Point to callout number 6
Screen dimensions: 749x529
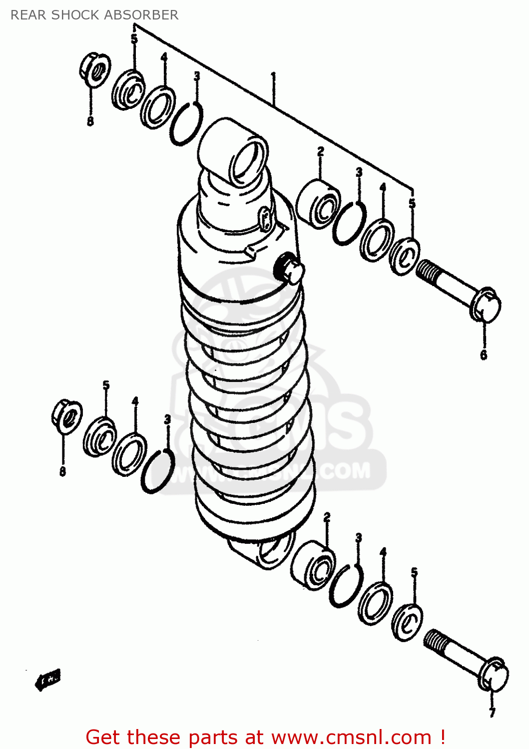(x=483, y=355)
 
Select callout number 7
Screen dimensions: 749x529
(x=492, y=713)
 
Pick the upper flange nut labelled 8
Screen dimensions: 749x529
(x=95, y=68)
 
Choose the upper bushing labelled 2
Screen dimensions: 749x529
(x=318, y=204)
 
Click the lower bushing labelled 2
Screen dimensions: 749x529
(x=313, y=565)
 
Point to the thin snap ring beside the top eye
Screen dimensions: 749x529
(x=186, y=124)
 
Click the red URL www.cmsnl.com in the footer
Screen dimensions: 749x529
(x=351, y=738)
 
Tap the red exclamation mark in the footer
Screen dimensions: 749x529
(x=442, y=737)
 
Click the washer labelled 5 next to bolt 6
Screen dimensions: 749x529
(x=405, y=257)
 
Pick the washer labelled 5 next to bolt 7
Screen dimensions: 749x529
(x=407, y=622)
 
